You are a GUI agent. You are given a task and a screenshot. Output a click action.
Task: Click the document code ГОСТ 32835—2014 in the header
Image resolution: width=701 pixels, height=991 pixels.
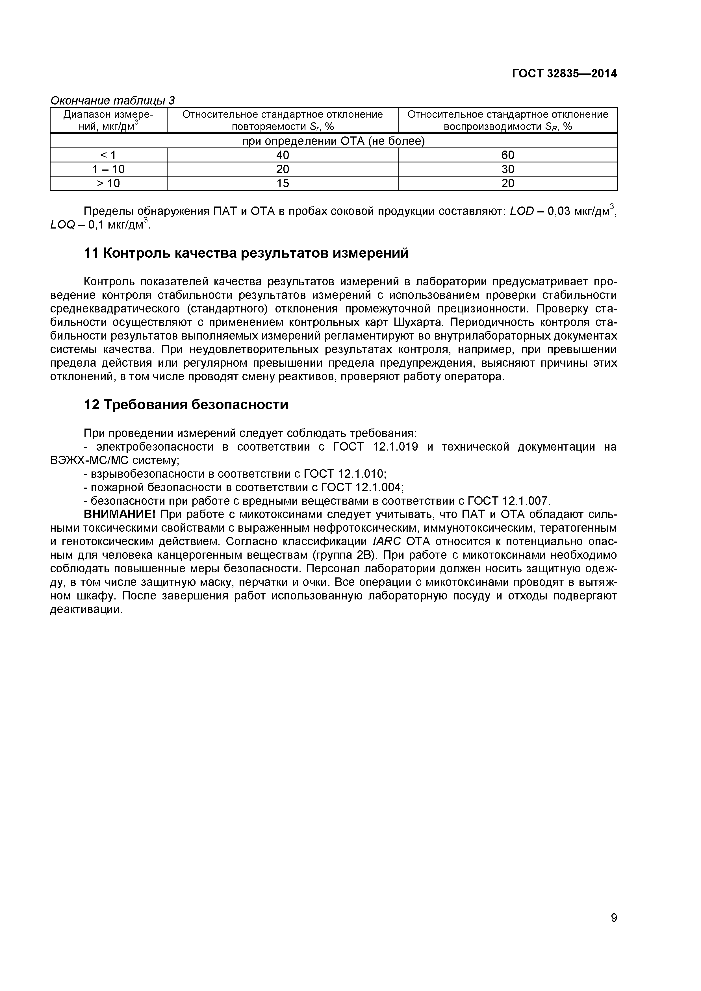[x=564, y=74]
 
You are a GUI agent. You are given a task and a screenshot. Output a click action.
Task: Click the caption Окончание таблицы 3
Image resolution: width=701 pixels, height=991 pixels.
[x=113, y=101]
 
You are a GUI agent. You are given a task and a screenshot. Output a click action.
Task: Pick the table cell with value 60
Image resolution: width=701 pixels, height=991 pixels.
[x=508, y=155]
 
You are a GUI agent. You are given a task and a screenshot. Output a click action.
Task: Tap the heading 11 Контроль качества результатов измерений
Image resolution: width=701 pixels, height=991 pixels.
[x=246, y=253]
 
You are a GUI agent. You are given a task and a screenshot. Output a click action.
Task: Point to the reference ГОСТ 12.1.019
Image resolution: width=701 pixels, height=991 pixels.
[x=376, y=447]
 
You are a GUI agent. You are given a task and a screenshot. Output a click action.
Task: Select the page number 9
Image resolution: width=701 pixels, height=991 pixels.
[x=614, y=930]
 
